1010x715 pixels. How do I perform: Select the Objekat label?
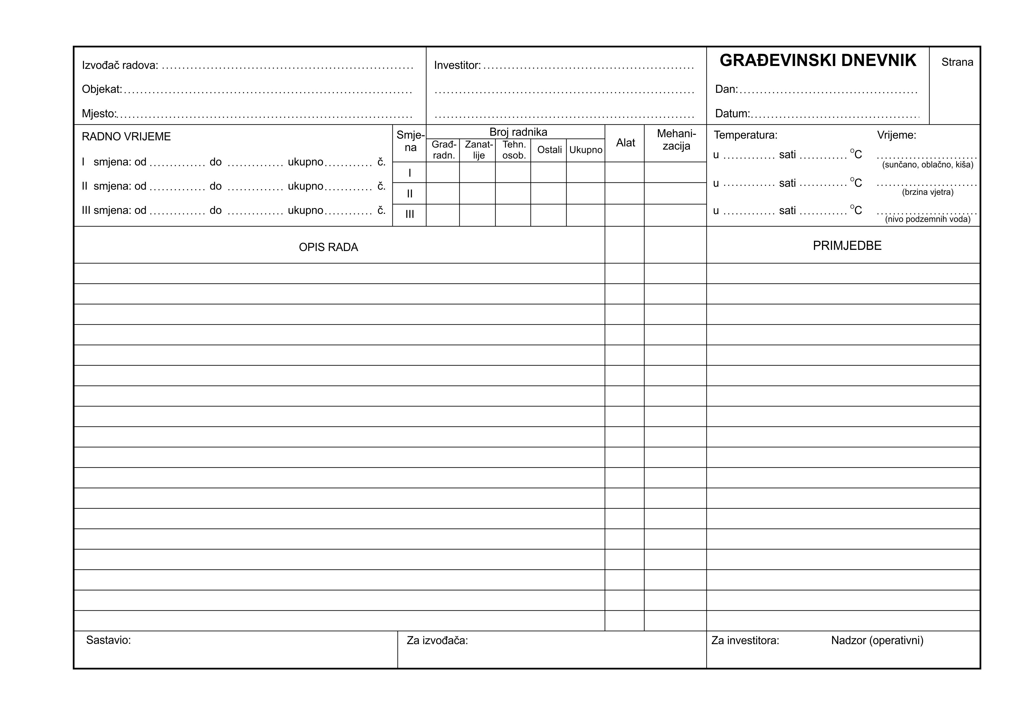pos(102,89)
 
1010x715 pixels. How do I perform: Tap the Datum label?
pos(732,114)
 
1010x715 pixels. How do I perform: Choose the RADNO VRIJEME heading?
pos(126,137)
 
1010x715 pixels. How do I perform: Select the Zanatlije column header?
pos(479,150)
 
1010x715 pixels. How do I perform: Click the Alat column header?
pos(625,143)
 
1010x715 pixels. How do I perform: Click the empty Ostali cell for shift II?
pos(548,193)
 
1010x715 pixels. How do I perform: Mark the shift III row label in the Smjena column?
pos(409,214)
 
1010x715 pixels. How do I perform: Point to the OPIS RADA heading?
pos(328,248)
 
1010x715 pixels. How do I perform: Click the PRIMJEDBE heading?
pos(847,246)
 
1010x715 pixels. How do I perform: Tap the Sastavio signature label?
pos(108,640)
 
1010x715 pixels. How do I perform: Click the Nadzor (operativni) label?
pos(877,641)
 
